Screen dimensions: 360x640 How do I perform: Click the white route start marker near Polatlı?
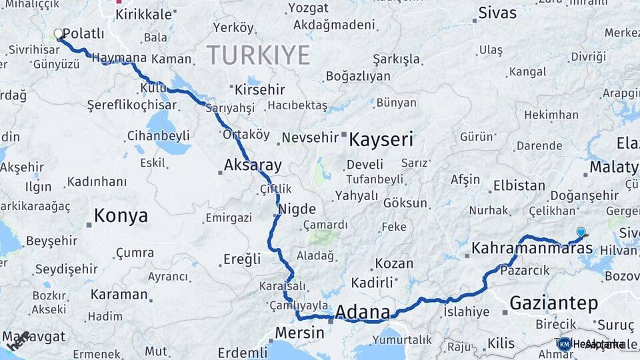[59, 33]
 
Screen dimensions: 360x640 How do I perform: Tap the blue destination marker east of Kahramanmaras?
[581, 232]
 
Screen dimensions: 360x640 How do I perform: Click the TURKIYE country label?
[258, 55]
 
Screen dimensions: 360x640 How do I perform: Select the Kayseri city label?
[381, 140]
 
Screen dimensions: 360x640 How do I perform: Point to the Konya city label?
[121, 215]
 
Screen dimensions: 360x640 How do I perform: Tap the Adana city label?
[363, 311]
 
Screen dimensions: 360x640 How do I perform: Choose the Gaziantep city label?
[553, 303]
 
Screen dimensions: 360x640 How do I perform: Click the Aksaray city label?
[253, 165]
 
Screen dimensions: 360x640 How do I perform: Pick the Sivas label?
[497, 13]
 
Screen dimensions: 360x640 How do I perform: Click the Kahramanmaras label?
[531, 249]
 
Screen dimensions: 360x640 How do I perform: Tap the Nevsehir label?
[310, 137]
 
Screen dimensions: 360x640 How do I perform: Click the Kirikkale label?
[143, 15]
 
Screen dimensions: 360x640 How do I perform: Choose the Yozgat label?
[307, 8]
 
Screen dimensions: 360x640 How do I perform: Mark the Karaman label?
[119, 294]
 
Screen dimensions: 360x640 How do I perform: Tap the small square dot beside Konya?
[89, 225]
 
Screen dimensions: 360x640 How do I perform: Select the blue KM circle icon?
[564, 344]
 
